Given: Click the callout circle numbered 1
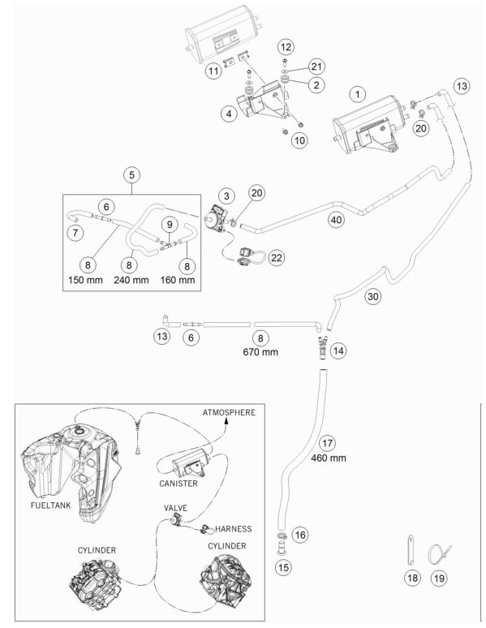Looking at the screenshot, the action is pyautogui.click(x=357, y=94).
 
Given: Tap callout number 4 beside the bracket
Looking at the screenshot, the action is pyautogui.click(x=229, y=114).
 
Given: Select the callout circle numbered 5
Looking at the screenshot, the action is pyautogui.click(x=131, y=175).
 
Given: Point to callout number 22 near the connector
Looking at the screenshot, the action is pyautogui.click(x=277, y=257).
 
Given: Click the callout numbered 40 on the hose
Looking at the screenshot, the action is pyautogui.click(x=336, y=220).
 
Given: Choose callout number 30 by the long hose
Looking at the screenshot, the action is pyautogui.click(x=372, y=296).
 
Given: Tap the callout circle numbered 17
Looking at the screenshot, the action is pyautogui.click(x=327, y=443).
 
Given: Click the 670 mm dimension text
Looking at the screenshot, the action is pyautogui.click(x=260, y=352).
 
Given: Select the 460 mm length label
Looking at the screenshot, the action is pyautogui.click(x=329, y=458).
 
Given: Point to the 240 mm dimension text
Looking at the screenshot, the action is pyautogui.click(x=131, y=280).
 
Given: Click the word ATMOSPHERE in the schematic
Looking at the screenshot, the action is pyautogui.click(x=229, y=412).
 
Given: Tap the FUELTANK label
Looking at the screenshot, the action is pyautogui.click(x=50, y=505).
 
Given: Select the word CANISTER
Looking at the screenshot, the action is pyautogui.click(x=178, y=484).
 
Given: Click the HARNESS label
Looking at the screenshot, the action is pyautogui.click(x=234, y=529).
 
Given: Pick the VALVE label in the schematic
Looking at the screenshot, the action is pyautogui.click(x=175, y=508).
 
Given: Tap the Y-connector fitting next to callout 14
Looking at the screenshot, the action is pyautogui.click(x=322, y=346).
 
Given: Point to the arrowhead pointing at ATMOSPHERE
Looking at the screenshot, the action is pyautogui.click(x=226, y=421).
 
